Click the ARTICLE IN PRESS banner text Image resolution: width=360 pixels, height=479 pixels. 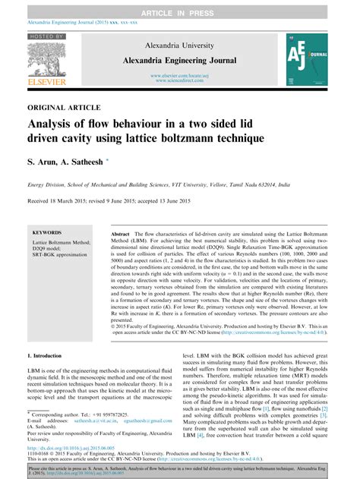179,8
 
